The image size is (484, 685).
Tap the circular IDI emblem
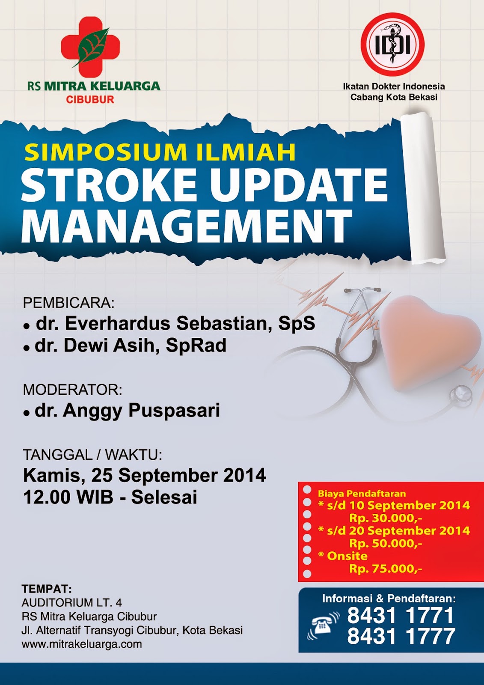point(392,45)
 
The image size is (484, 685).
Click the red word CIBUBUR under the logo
point(90,100)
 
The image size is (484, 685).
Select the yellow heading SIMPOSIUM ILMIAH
point(160,152)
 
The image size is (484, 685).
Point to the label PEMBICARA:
point(68,303)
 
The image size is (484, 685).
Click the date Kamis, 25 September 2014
point(144,476)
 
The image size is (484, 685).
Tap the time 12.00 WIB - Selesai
point(110,497)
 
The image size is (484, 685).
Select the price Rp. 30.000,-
point(385,518)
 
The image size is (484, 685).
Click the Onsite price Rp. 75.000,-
point(385,569)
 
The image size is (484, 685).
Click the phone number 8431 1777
point(401,637)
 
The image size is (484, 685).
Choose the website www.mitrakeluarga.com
point(82,644)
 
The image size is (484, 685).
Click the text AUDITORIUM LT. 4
point(72,603)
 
